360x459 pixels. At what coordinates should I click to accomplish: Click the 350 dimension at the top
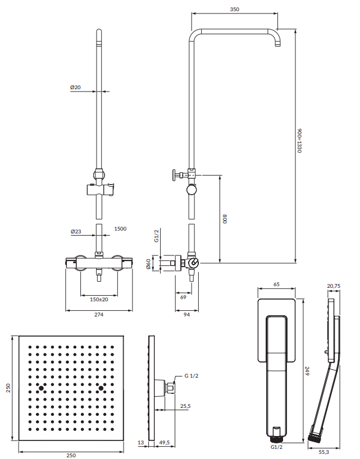234,10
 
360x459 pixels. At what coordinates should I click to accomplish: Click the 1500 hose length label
120,228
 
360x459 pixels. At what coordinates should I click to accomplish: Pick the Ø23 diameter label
76,231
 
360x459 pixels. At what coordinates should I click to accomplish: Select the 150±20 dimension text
99,299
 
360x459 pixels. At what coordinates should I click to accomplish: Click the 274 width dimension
99,315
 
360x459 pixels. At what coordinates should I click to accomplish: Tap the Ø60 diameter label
149,263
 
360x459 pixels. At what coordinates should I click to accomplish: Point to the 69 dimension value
183,297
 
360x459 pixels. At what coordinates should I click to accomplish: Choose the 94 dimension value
187,315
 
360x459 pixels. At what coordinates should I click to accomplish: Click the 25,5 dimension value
185,405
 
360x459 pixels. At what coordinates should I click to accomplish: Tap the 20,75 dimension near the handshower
334,286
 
